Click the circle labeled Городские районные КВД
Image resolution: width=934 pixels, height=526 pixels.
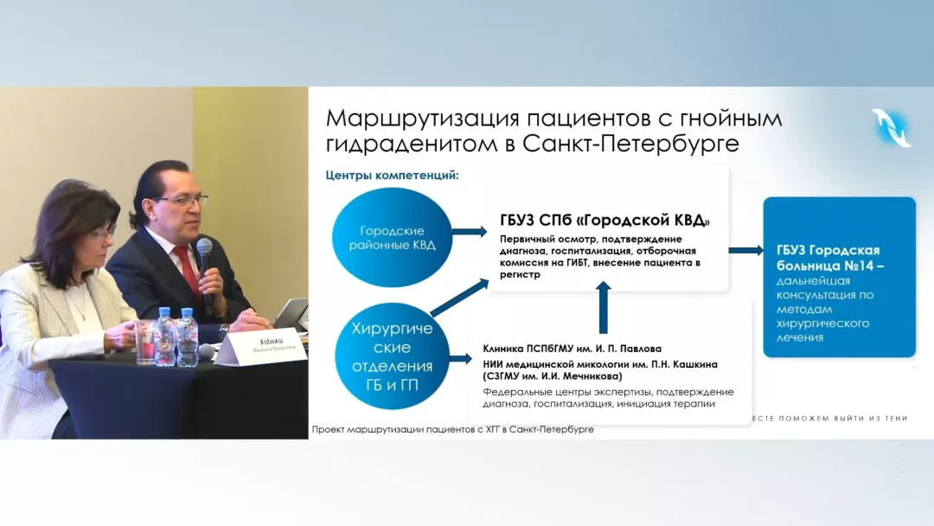tap(392, 236)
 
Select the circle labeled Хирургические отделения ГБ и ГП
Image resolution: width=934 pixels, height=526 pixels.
tap(392, 356)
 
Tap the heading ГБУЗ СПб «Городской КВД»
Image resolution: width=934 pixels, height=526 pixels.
tap(605, 221)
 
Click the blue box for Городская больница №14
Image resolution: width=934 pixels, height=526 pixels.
tap(838, 277)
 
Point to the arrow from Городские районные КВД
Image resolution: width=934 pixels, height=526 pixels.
tap(470, 232)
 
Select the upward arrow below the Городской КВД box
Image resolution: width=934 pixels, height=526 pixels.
tap(604, 307)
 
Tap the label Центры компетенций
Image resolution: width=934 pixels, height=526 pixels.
tap(392, 175)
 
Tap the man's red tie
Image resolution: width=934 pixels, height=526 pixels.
tap(187, 268)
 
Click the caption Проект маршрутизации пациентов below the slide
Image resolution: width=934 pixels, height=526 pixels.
tap(452, 430)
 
